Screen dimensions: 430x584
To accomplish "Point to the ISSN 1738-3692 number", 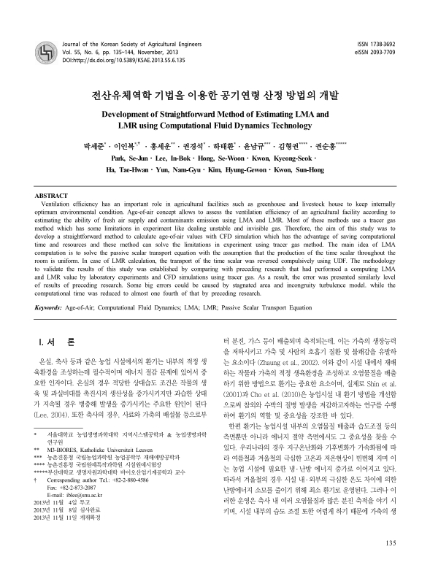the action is click(x=375, y=45).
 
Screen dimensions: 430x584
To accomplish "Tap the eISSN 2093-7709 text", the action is click(x=374, y=53).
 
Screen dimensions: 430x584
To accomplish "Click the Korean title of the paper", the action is click(x=215, y=95).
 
